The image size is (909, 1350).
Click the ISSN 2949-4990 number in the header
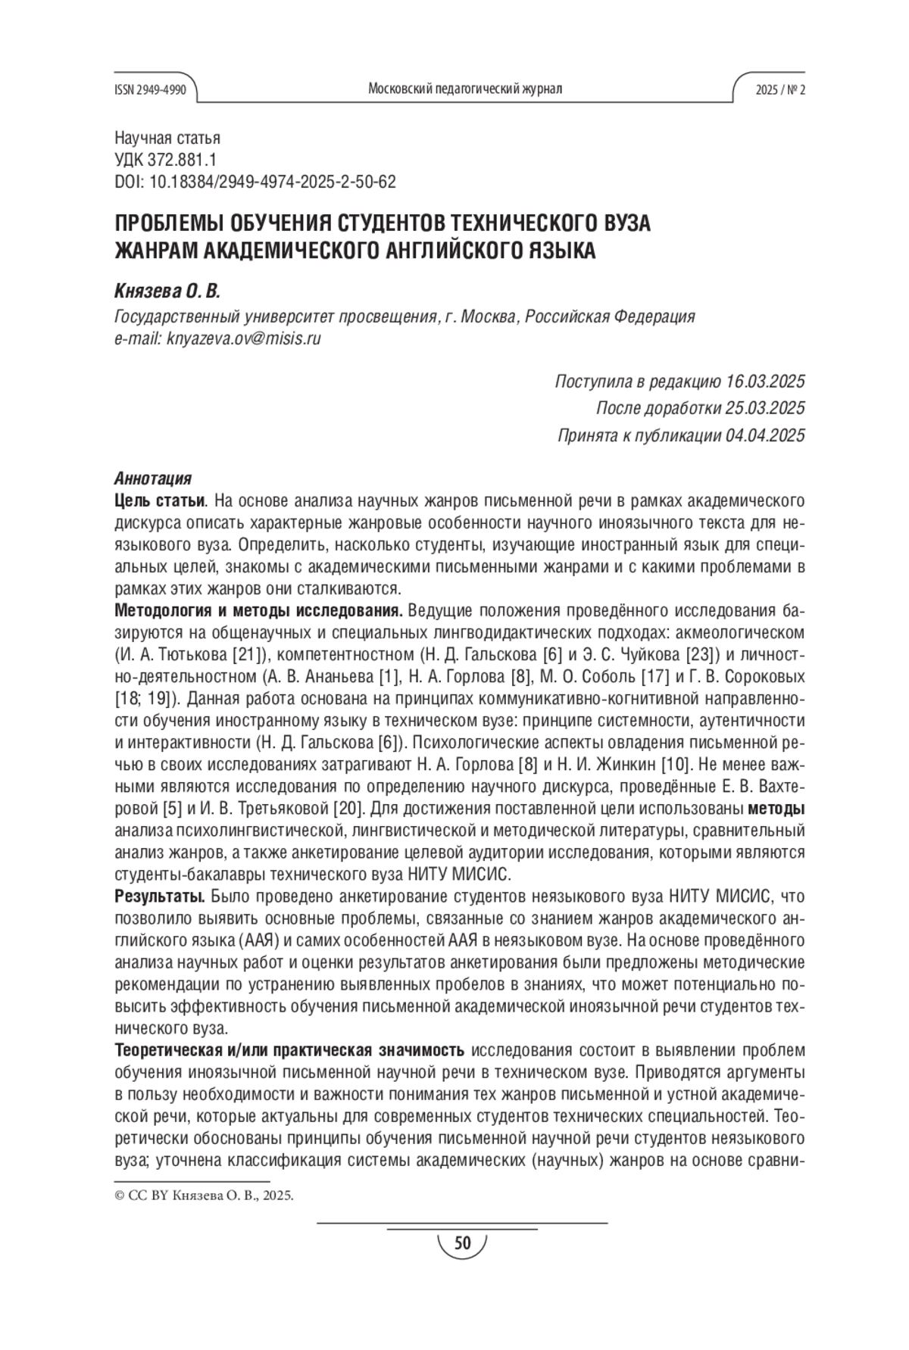(x=150, y=89)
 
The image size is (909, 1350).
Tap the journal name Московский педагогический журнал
(x=464, y=89)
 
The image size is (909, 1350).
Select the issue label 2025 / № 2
(x=780, y=89)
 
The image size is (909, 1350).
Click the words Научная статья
(x=167, y=138)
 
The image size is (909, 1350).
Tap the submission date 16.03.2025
(x=764, y=380)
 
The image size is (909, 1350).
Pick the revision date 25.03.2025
(x=764, y=408)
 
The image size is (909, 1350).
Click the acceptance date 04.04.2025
(x=764, y=435)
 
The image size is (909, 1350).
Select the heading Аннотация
(x=152, y=479)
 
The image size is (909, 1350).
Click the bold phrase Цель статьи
(x=159, y=500)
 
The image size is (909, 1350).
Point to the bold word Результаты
(x=159, y=897)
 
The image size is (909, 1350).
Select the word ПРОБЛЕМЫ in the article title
(x=161, y=225)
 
